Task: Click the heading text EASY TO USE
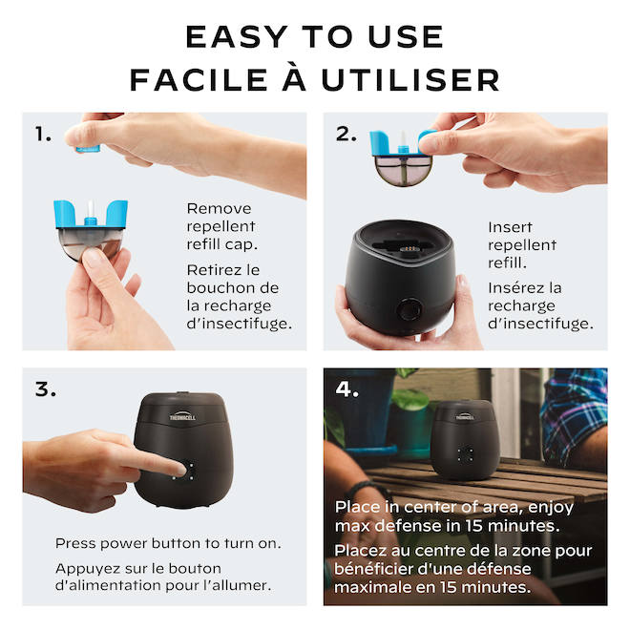coord(314,36)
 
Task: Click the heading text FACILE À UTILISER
coord(314,79)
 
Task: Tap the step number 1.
coord(43,135)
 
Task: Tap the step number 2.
coord(346,135)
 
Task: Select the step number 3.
coord(46,389)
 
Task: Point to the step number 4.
coord(347,389)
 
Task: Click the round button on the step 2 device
coord(411,309)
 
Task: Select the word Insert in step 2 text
coord(510,227)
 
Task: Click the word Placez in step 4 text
coord(362,551)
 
